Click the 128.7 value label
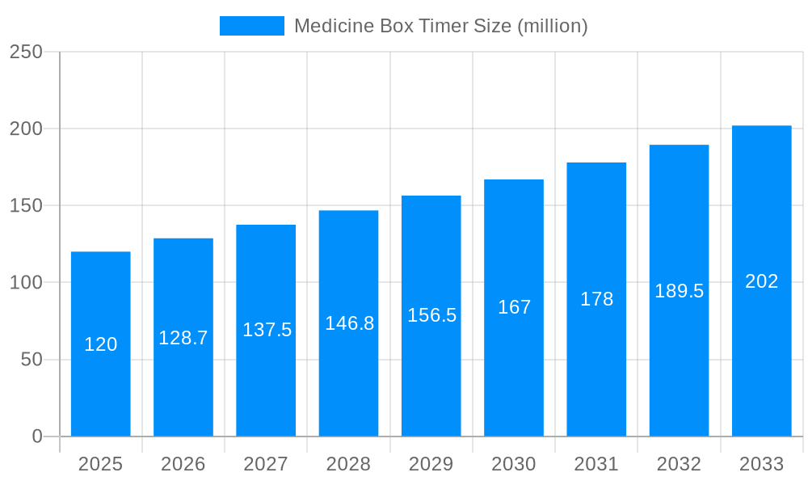(183, 338)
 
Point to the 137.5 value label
(267, 330)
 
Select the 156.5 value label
(431, 315)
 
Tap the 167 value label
(514, 307)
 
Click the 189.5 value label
(679, 291)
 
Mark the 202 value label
(761, 281)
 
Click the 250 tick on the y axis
(26, 52)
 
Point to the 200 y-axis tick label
(26, 129)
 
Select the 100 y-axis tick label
(26, 283)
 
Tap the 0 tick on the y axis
(37, 436)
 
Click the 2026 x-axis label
(183, 464)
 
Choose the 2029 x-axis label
(431, 464)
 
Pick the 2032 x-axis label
(679, 464)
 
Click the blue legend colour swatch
(251, 26)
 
